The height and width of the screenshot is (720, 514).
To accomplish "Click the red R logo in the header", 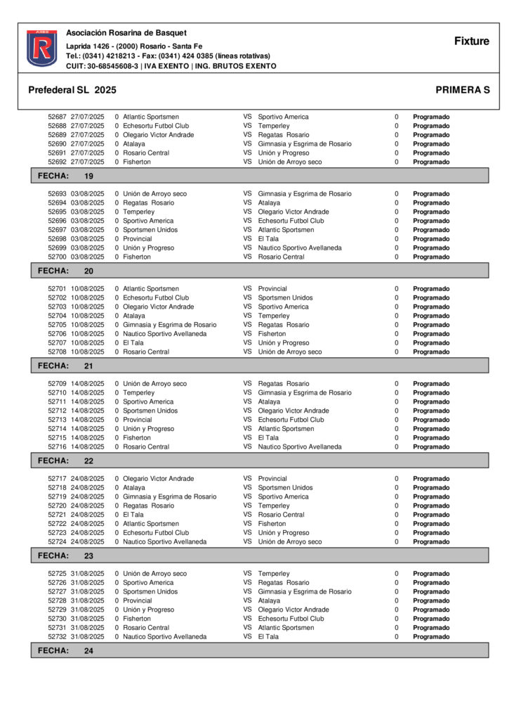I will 41,48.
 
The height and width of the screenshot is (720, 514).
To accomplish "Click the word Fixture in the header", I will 471,41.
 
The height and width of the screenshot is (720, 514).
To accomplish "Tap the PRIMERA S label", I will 462,90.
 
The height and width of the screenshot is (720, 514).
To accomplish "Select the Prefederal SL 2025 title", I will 72,90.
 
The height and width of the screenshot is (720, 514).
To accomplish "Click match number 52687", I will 57,117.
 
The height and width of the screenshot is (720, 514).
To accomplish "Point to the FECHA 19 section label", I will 65,176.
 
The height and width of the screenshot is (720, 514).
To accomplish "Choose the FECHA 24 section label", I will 65,651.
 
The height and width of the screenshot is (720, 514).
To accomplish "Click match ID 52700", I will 57,257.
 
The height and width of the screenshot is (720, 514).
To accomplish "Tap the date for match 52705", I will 87,325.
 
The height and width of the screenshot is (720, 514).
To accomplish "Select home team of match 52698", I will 137,239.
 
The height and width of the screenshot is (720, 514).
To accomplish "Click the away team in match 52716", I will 300,447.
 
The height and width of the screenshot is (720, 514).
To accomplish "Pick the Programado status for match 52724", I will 431,542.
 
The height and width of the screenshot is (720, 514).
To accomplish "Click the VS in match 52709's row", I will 247,384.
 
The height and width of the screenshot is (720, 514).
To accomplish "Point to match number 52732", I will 57,637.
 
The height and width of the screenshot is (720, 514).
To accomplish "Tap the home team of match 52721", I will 133,515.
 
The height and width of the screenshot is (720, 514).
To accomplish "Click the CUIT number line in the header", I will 171,66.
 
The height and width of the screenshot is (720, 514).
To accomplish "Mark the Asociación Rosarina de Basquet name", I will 126,33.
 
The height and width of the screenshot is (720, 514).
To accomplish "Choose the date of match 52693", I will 87,194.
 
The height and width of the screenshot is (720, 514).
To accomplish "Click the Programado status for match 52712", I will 431,411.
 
